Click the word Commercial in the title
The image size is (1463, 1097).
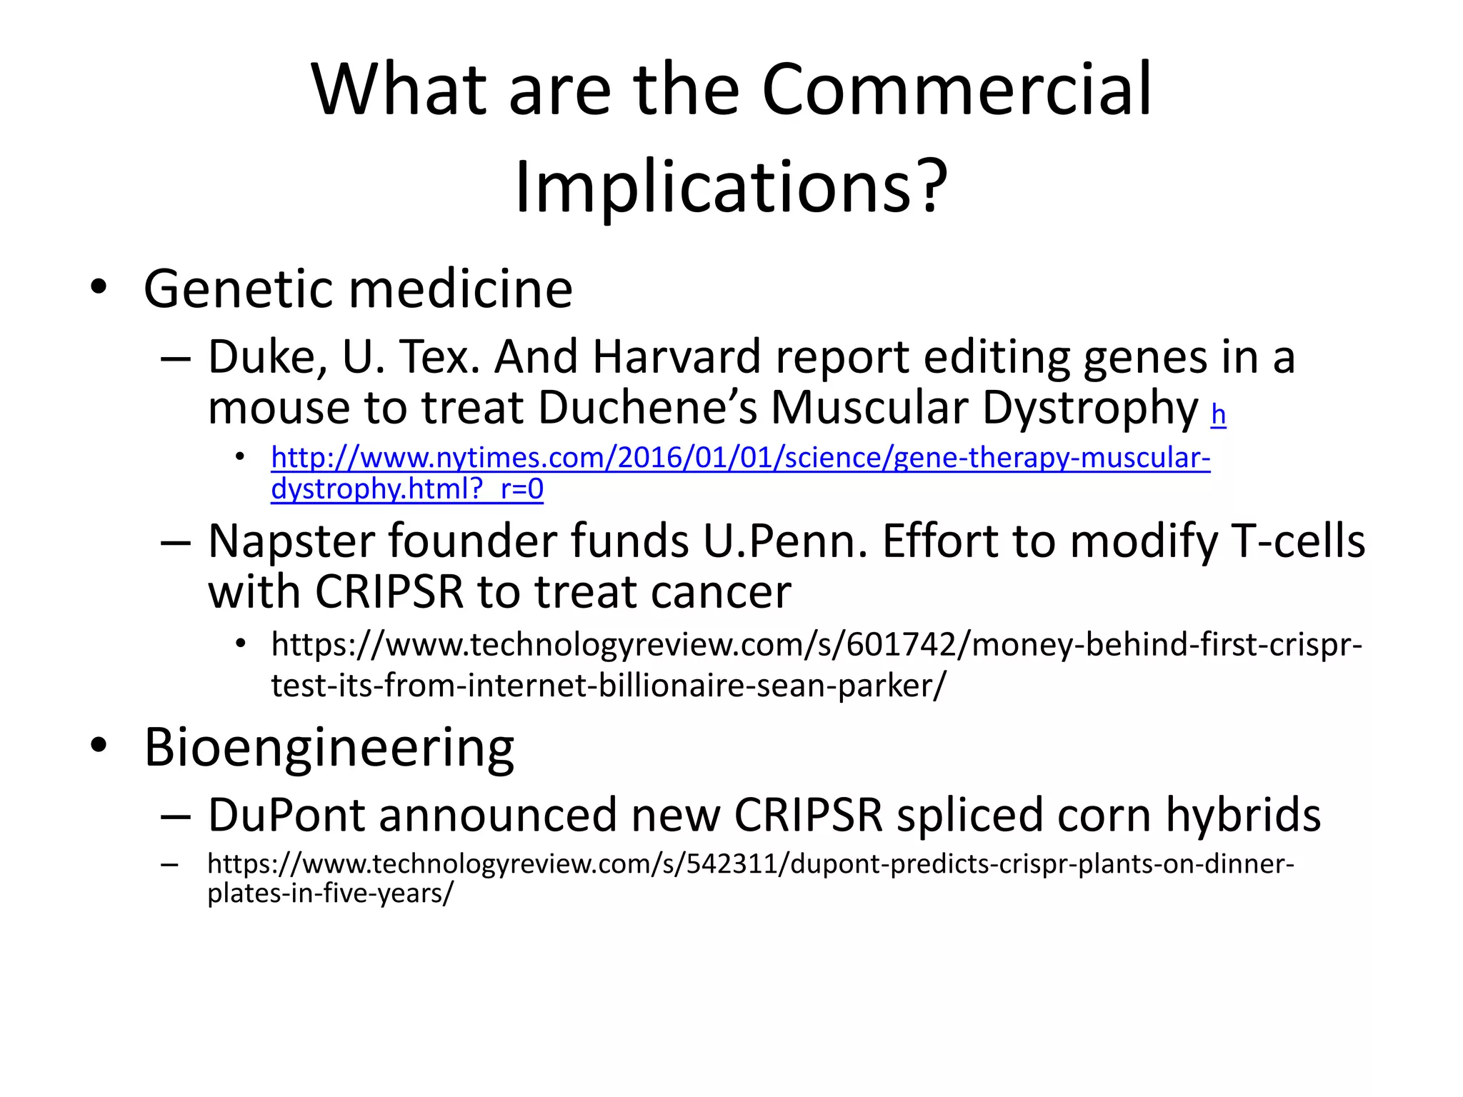coord(957,91)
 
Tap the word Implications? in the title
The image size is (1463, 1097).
coord(731,187)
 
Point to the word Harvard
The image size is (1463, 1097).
coord(676,357)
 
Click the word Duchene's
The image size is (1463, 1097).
coord(647,408)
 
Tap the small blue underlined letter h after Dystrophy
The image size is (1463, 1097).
coord(1218,414)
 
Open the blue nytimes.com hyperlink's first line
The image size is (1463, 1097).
coord(740,458)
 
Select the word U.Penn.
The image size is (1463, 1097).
coord(785,541)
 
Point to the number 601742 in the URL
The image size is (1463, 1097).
coord(901,645)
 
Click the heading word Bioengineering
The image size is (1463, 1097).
coord(329,747)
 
